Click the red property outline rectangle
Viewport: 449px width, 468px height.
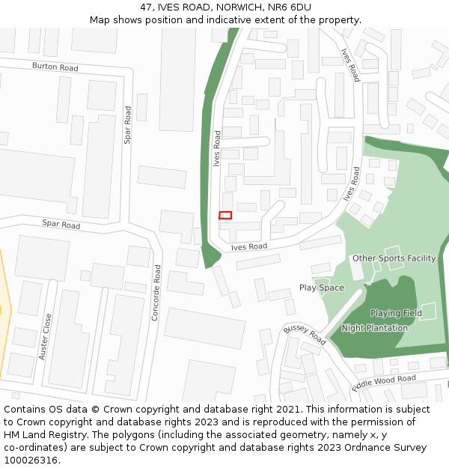pyautogui.click(x=225, y=215)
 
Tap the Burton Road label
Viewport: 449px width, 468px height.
pyautogui.click(x=55, y=67)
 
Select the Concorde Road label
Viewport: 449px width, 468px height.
pyautogui.click(x=156, y=293)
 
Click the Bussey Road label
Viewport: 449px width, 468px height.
pyautogui.click(x=305, y=335)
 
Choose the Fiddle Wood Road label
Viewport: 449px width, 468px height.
pyautogui.click(x=384, y=383)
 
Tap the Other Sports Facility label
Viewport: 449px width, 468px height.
pyautogui.click(x=394, y=258)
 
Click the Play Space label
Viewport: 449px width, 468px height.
pyautogui.click(x=322, y=288)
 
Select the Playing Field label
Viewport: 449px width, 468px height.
pyautogui.click(x=396, y=313)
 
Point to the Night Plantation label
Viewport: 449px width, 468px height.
pyautogui.click(x=375, y=328)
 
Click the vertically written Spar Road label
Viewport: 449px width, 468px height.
pyautogui.click(x=127, y=125)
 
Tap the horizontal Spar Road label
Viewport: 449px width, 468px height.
pyautogui.click(x=61, y=224)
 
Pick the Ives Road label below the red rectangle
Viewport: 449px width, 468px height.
pyautogui.click(x=248, y=246)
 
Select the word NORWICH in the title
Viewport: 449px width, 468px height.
pyautogui.click(x=237, y=7)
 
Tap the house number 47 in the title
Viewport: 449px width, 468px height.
pyautogui.click(x=146, y=7)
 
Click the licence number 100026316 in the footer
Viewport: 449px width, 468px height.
pyautogui.click(x=30, y=461)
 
